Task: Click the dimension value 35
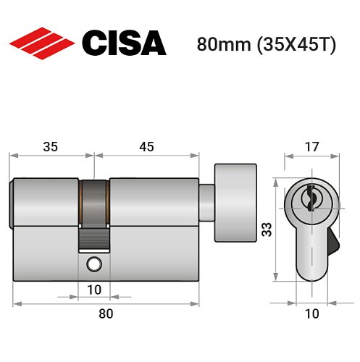[51, 146]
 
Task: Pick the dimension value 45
[146, 146]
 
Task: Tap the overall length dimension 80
[105, 313]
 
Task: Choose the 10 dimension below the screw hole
[93, 290]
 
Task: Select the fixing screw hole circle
[93, 265]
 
